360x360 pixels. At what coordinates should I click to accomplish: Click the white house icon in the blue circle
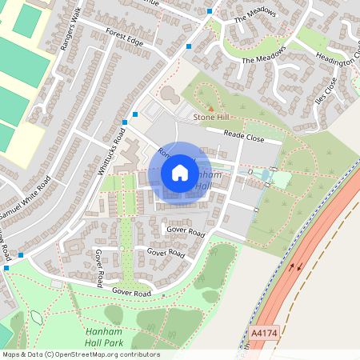(180, 173)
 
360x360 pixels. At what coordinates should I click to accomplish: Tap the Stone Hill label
(210, 118)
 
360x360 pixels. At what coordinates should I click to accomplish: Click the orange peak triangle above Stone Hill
(210, 107)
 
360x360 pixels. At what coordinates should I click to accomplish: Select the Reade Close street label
(244, 137)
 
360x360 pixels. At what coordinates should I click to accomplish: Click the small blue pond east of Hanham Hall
(266, 175)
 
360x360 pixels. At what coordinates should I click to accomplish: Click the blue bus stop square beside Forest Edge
(189, 46)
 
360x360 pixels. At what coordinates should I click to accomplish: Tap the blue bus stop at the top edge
(210, 11)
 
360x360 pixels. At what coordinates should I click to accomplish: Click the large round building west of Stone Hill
(170, 94)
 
